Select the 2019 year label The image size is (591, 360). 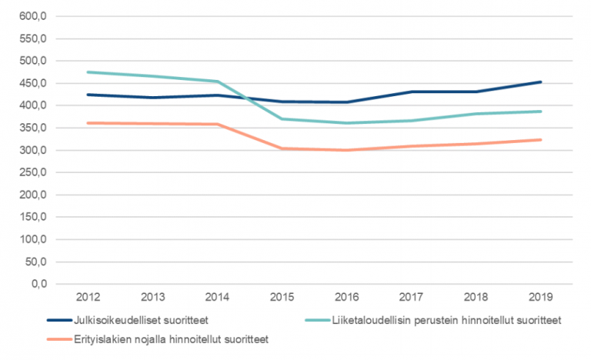click(x=541, y=297)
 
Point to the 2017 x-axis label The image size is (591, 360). click(x=412, y=297)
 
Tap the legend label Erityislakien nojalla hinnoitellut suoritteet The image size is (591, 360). click(x=162, y=338)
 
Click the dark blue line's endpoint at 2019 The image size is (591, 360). click(x=541, y=82)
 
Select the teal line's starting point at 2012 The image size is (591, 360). click(x=88, y=72)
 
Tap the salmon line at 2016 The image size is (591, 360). click(x=348, y=150)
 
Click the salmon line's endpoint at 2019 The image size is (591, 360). click(x=541, y=140)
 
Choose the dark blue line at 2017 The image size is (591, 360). click(x=412, y=92)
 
